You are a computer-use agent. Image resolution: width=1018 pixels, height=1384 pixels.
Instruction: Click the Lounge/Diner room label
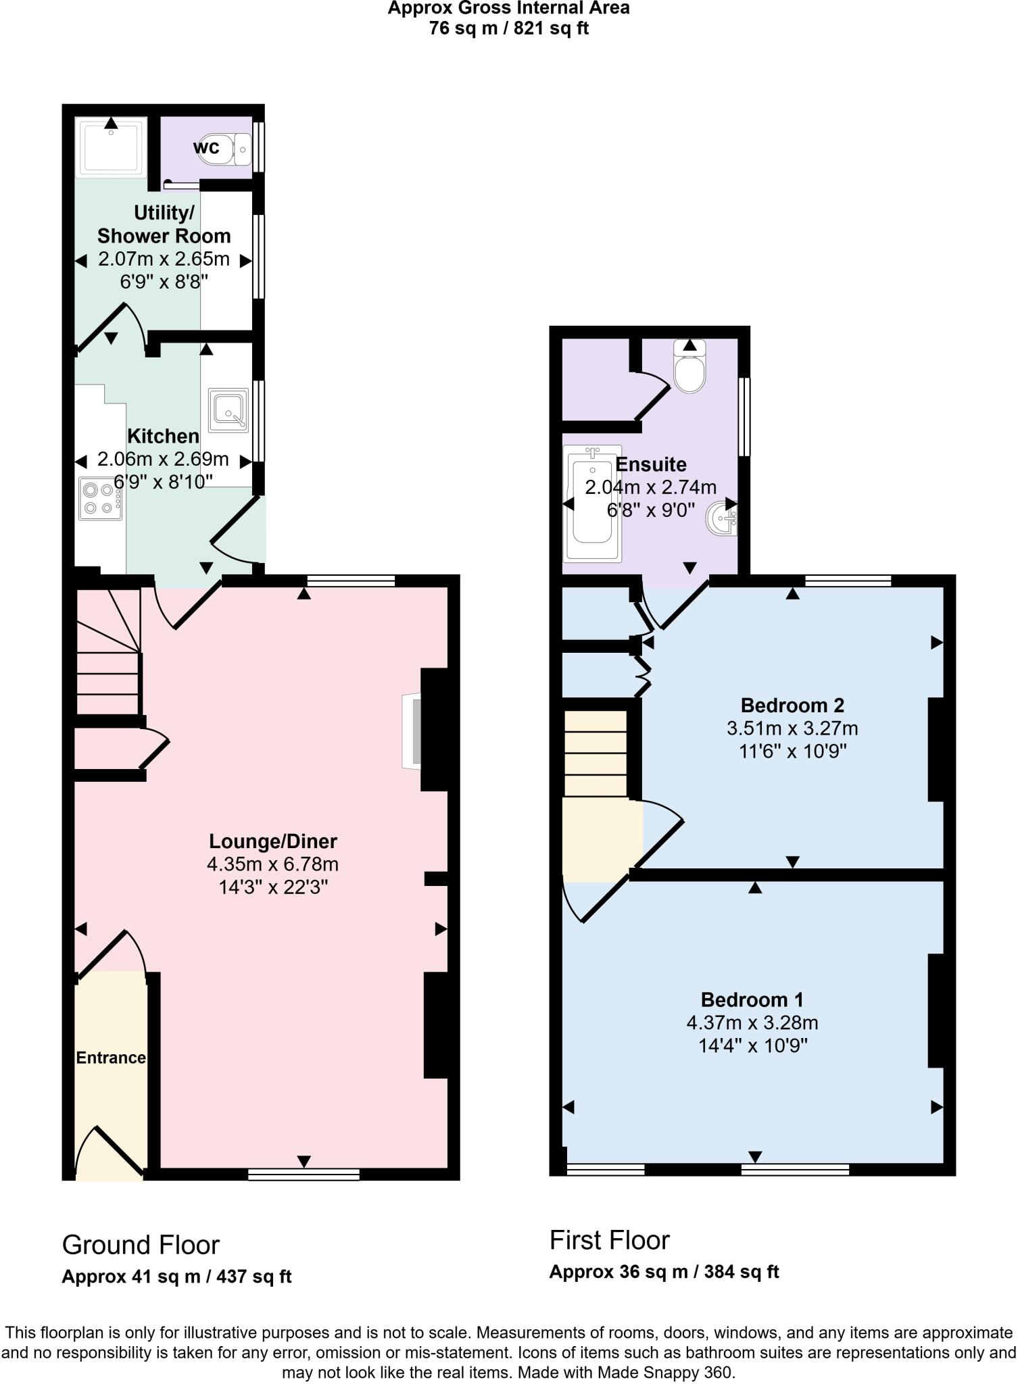point(272,841)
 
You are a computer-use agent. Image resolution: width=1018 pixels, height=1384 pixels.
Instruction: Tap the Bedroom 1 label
point(752,999)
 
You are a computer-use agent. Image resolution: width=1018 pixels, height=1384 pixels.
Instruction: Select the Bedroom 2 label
point(792,706)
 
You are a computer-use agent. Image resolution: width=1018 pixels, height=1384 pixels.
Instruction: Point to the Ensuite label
point(650,464)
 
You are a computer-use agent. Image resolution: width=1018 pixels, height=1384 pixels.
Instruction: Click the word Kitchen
point(163,436)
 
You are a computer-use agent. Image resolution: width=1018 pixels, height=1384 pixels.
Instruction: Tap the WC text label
point(206,147)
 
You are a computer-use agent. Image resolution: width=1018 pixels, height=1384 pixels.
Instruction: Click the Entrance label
point(111,1058)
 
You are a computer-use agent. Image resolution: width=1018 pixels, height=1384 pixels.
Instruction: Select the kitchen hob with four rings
point(100,498)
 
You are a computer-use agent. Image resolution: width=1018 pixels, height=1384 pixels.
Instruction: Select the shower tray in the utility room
point(111,147)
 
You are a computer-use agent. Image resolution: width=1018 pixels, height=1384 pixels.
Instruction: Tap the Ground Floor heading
point(141,1245)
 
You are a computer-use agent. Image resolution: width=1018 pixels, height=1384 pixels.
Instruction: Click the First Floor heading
point(609,1240)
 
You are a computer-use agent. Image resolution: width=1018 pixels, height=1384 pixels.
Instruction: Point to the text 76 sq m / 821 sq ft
point(508,29)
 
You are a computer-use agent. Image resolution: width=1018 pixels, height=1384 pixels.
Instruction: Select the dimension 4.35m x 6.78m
point(272,864)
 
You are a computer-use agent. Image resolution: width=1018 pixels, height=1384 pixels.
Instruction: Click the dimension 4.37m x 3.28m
point(752,1022)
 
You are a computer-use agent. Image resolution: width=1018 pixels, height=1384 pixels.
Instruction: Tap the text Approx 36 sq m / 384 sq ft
point(664,1272)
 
